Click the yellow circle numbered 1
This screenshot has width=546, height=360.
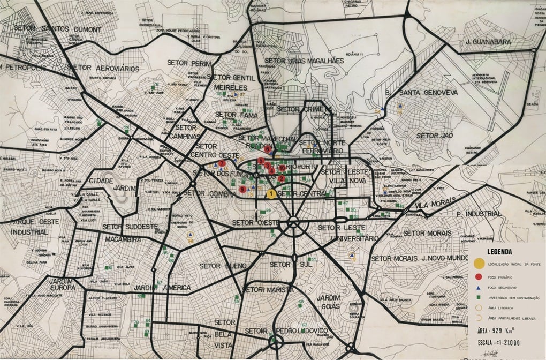tap(271, 193)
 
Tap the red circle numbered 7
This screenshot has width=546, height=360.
tap(222, 163)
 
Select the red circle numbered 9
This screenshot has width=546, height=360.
tap(243, 190)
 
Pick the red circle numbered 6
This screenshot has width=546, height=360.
tap(267, 150)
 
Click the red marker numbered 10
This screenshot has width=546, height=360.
tap(282, 168)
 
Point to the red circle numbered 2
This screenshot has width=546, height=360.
tap(281, 179)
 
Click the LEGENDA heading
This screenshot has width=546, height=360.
tap(498, 251)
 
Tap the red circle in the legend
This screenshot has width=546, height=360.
tap(480, 277)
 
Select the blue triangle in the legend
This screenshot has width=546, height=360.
tap(480, 288)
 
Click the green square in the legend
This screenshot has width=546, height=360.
tap(480, 298)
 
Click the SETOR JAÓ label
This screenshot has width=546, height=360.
tap(434, 136)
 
